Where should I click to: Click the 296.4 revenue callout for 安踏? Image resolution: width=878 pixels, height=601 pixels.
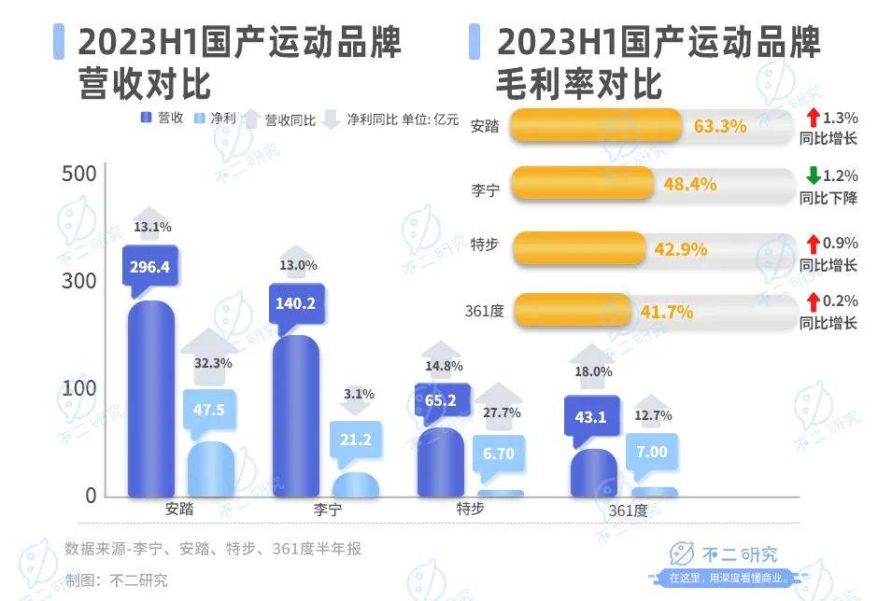(x=150, y=267)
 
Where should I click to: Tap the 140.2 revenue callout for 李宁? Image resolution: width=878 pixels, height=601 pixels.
(x=295, y=302)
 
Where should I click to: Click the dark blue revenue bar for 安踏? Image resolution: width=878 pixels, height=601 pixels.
(x=151, y=401)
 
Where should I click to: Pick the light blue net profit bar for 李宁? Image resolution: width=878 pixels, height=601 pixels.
(x=355, y=484)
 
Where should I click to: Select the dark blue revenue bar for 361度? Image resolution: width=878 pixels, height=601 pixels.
(x=593, y=473)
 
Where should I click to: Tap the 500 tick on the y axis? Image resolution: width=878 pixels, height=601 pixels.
(x=79, y=175)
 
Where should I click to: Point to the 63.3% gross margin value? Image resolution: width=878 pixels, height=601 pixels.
(x=720, y=126)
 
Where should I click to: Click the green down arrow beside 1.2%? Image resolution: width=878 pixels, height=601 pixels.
(x=814, y=175)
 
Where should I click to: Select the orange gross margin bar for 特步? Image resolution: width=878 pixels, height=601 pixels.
(x=580, y=250)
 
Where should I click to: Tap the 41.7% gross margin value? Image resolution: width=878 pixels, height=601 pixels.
(x=666, y=313)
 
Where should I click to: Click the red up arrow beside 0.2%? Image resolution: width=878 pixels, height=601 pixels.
(x=814, y=301)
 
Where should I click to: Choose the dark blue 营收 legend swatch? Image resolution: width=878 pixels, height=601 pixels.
(x=147, y=118)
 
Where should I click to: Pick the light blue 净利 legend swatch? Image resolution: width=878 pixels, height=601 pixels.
(x=199, y=118)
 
